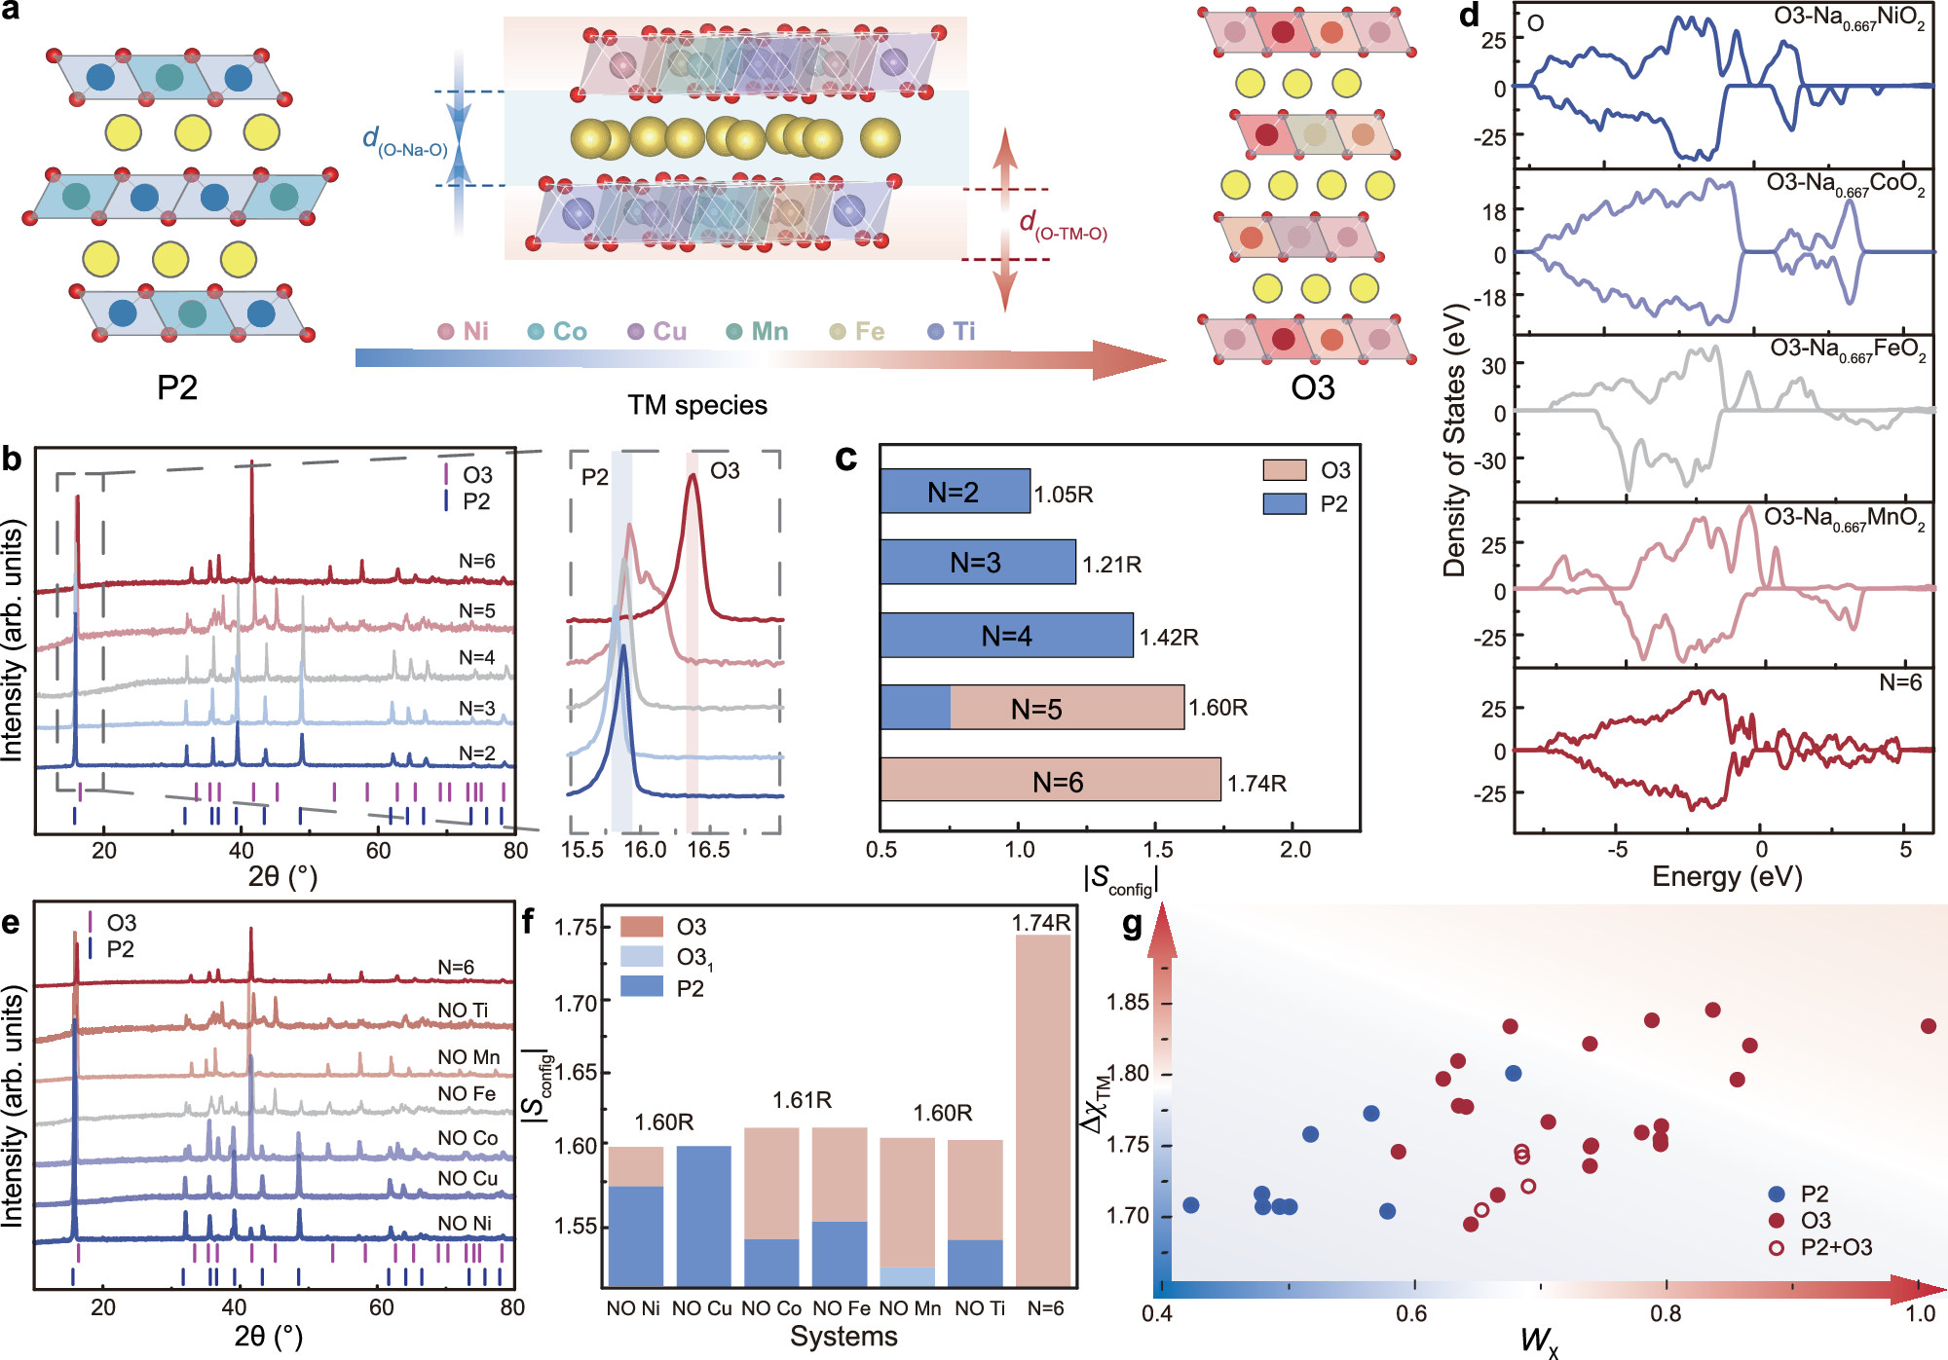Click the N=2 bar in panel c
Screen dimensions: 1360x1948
click(x=955, y=492)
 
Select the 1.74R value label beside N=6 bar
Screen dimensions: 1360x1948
click(x=1256, y=784)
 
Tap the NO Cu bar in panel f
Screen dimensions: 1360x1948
click(x=703, y=1217)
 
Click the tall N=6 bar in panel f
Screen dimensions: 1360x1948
click(x=1043, y=1110)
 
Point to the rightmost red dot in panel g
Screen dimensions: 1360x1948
click(x=1929, y=1026)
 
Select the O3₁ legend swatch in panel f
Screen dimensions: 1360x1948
click(x=641, y=957)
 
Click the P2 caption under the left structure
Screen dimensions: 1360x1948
click(x=177, y=387)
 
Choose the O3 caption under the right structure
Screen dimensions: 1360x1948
click(x=1312, y=387)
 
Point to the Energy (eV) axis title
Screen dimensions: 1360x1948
click(x=1727, y=876)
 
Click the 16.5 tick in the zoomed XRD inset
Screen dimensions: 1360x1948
click(x=708, y=849)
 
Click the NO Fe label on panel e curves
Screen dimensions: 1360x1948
click(x=467, y=1094)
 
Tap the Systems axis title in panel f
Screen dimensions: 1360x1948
click(x=843, y=1337)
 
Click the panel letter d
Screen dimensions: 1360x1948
click(x=1469, y=16)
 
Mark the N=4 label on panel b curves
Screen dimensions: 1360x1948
click(x=477, y=658)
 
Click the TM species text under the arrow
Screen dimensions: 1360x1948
click(x=697, y=405)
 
